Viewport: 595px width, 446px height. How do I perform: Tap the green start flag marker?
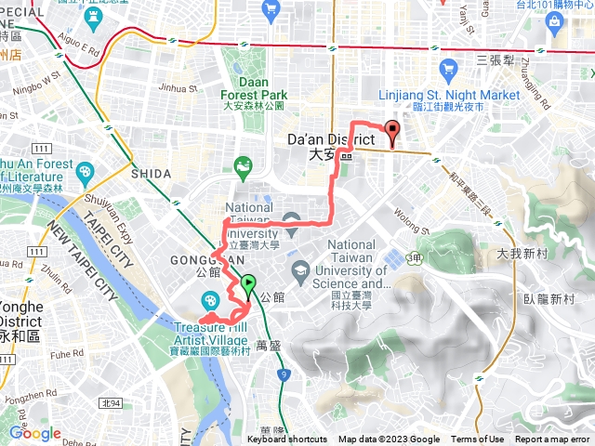[248, 283]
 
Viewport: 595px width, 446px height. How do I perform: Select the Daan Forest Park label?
[254, 88]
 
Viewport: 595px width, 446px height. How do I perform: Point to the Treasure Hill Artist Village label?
[216, 332]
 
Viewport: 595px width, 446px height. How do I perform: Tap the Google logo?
[34, 433]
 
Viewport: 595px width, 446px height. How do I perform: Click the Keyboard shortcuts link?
[287, 439]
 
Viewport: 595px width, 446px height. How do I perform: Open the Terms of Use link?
[478, 439]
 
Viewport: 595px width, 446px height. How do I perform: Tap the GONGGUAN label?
[195, 258]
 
